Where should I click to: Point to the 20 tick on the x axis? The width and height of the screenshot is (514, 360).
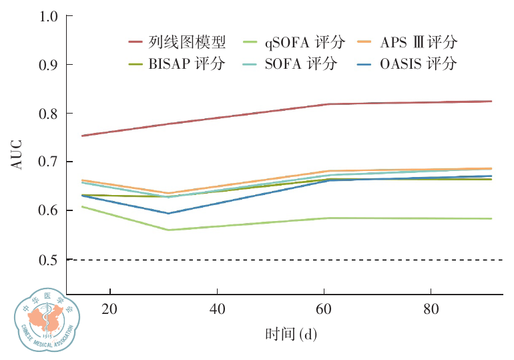109,310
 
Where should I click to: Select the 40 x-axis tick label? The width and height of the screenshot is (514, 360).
217,310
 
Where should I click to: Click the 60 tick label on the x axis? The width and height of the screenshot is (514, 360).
324,310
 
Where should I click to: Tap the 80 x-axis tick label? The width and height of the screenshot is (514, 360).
431,310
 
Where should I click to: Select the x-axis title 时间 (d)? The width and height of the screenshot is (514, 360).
290,334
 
